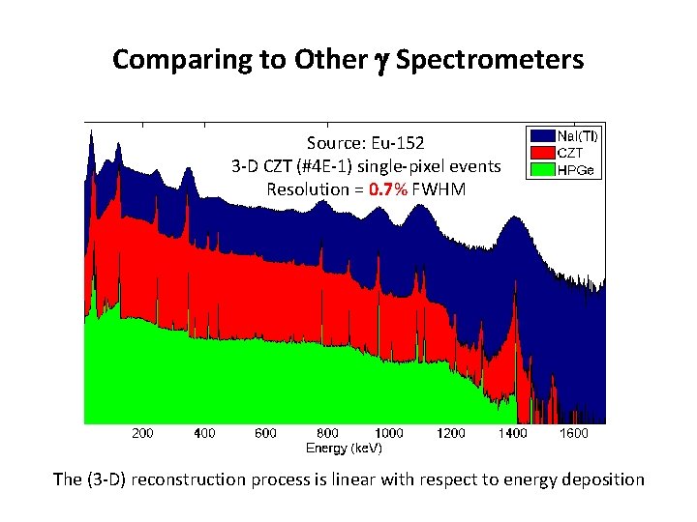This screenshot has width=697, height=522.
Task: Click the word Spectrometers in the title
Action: pyautogui.click(x=490, y=60)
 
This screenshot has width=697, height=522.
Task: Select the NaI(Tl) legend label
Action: pyautogui.click(x=577, y=137)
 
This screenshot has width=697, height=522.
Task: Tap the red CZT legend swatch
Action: pyautogui.click(x=539, y=152)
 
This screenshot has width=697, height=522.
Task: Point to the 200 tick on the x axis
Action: pyautogui.click(x=141, y=434)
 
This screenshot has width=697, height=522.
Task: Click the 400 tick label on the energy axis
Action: pyautogui.click(x=203, y=434)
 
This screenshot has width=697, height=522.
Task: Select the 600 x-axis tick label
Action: pyautogui.click(x=265, y=434)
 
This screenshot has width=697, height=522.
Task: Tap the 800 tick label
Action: pyautogui.click(x=327, y=434)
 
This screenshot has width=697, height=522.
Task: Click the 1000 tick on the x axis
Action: pyautogui.click(x=389, y=434)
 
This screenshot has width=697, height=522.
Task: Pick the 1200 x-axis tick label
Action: pyautogui.click(x=451, y=434)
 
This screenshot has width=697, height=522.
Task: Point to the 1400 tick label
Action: pyautogui.click(x=513, y=434)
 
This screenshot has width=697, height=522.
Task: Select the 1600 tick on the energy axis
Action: pyautogui.click(x=575, y=434)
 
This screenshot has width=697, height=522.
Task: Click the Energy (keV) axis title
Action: pyautogui.click(x=344, y=449)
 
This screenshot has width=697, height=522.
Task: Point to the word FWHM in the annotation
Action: pyautogui.click(x=439, y=189)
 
